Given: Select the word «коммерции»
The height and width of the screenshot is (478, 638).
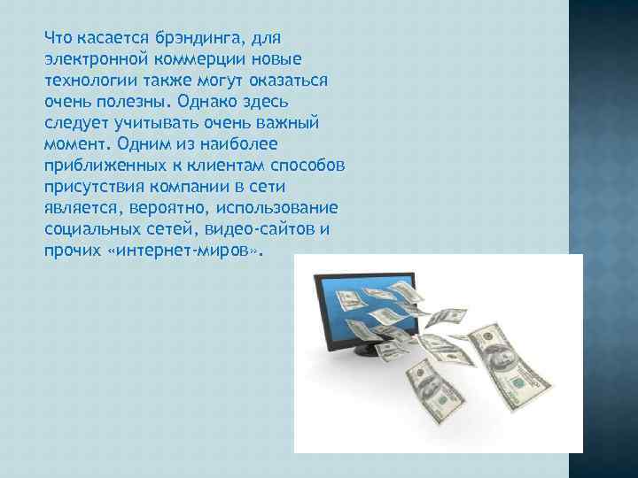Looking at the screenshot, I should pyautogui.click(x=191, y=59).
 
